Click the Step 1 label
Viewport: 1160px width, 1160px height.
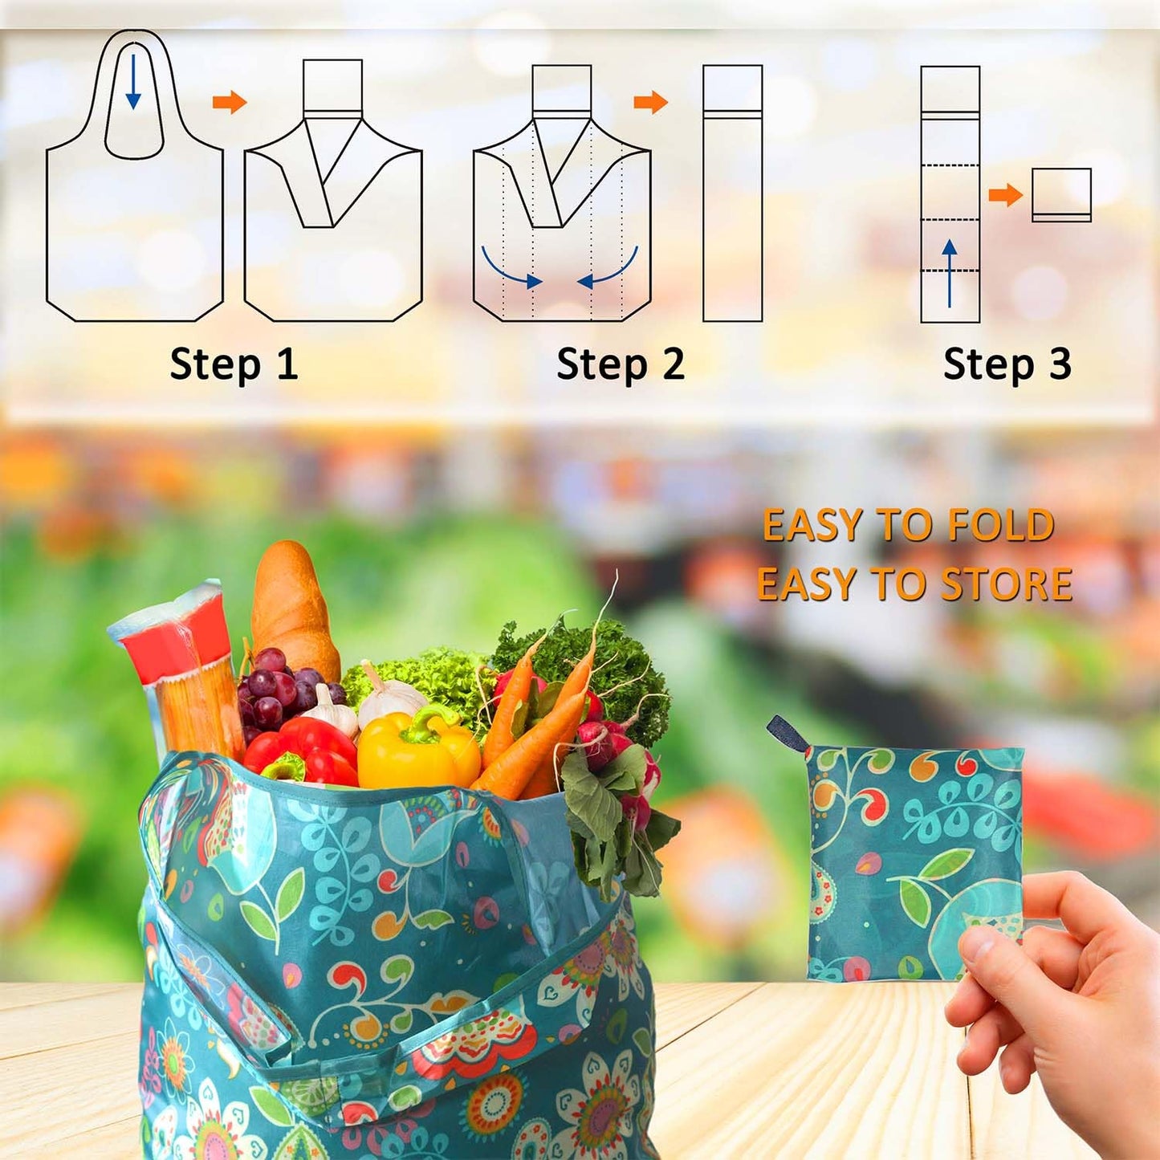(x=234, y=364)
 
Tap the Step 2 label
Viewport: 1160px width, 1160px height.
(x=621, y=364)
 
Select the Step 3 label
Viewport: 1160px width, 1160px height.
(x=1007, y=364)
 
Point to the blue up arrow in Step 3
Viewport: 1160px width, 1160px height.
(x=950, y=272)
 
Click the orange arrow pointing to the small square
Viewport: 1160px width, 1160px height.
(x=1005, y=194)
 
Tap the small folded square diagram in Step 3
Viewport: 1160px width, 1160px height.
(x=1061, y=194)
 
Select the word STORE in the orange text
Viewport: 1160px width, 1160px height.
(x=1007, y=584)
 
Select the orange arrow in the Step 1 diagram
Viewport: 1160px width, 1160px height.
(x=230, y=103)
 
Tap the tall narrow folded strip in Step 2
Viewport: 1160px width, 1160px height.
(x=732, y=193)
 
